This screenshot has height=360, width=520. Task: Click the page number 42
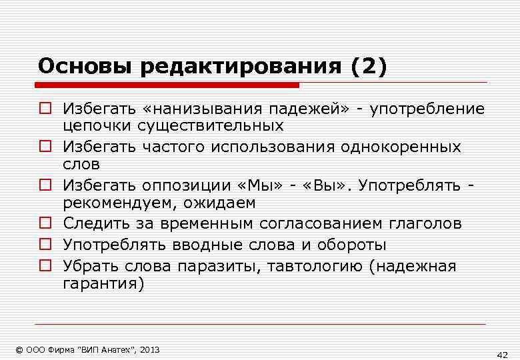503,353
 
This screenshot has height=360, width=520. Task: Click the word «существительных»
211,125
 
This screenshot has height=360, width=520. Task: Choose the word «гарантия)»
103,283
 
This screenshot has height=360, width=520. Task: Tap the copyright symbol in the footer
19,349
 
